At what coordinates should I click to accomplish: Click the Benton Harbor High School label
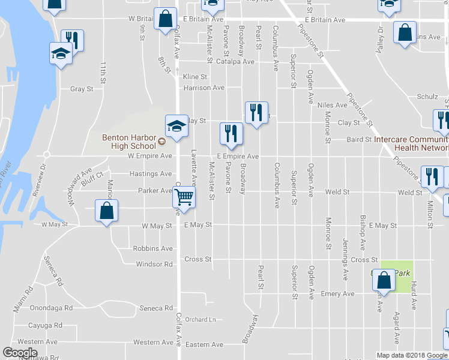pos(128,141)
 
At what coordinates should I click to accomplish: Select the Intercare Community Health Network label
pos(411,143)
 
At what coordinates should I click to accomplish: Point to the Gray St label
pos(82,89)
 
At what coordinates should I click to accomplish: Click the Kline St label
pos(195,77)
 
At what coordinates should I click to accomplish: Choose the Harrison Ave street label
pos(204,88)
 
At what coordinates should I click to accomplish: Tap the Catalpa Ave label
pos(236,61)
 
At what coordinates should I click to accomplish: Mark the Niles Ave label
pos(333,105)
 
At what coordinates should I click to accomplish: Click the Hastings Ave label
pos(151,174)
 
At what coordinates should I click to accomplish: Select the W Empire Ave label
pos(150,156)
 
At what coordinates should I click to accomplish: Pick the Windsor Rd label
pos(155,264)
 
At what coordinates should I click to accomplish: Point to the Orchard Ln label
pos(200,319)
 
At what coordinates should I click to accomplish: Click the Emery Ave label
pos(337,294)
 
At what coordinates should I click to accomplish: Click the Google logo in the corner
pos(20,353)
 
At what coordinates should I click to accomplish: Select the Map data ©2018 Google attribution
pos(411,355)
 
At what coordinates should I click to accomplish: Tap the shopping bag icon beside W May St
pos(106,212)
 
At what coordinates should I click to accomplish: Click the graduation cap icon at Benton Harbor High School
pos(176,127)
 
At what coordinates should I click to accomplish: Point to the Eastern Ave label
pos(204,344)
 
